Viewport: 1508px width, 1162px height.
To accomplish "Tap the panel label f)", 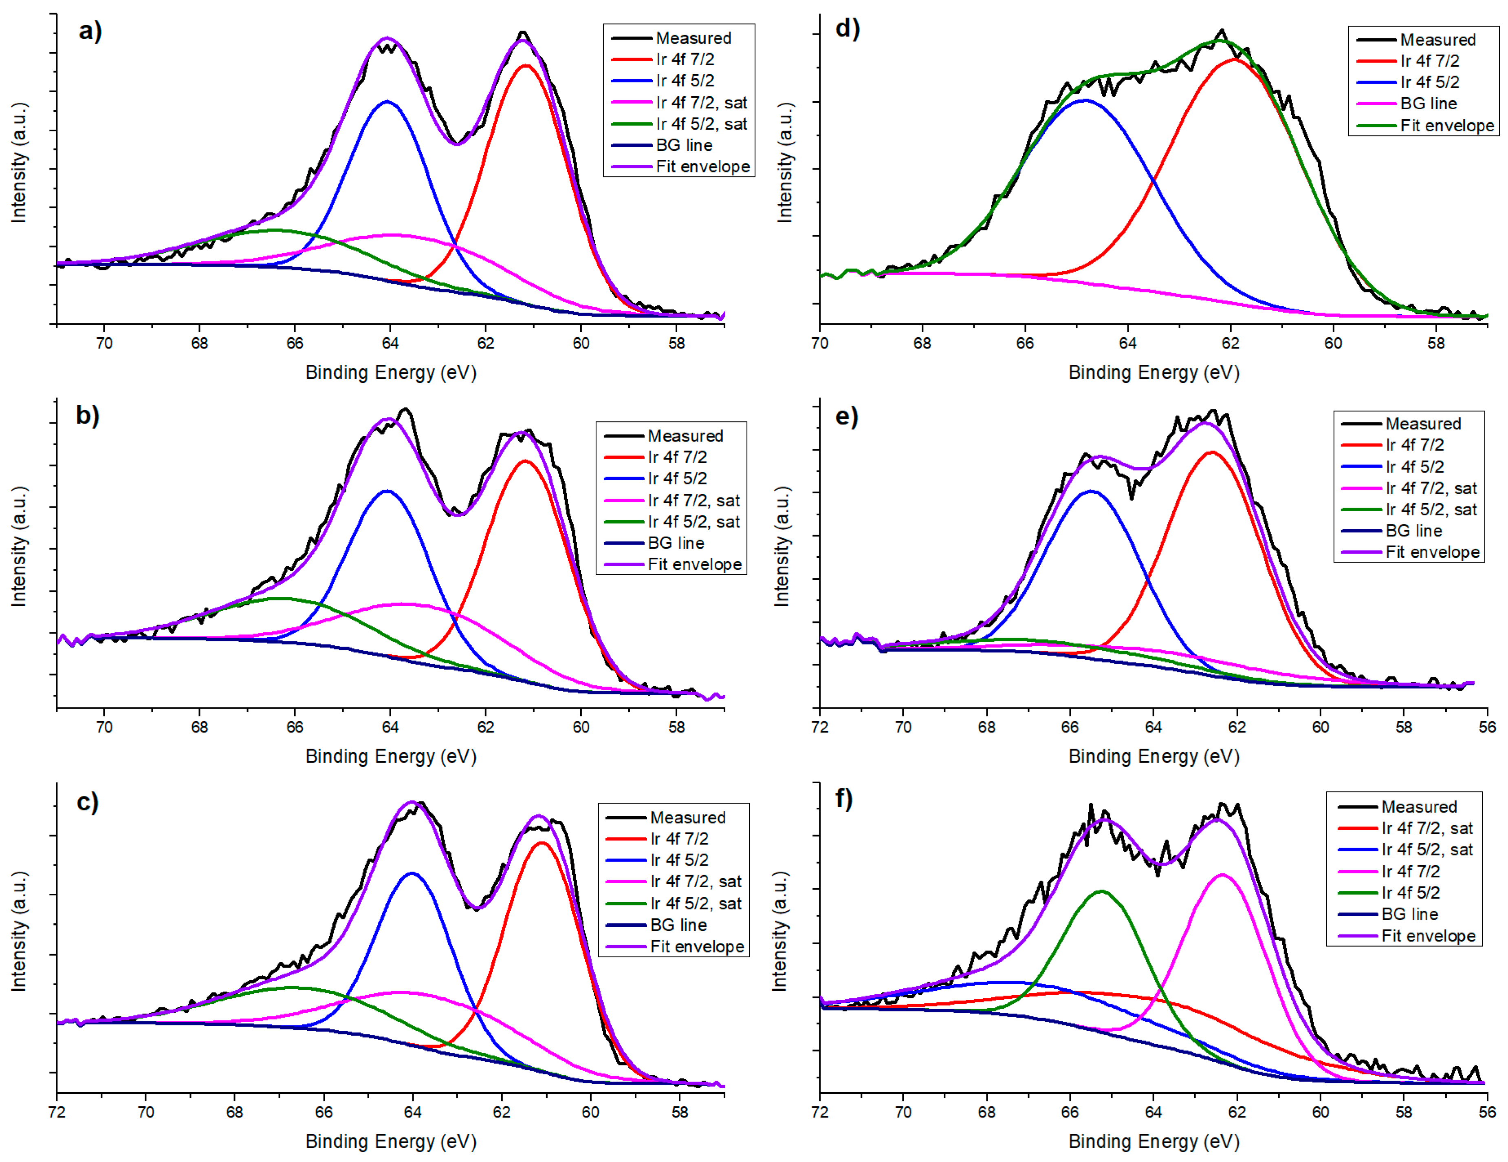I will coord(844,799).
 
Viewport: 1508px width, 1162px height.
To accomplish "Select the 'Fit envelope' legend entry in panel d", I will coord(1446,126).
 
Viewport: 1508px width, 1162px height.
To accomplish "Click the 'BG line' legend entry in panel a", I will coord(684,145).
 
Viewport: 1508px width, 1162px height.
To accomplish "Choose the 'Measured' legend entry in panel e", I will coord(1422,424).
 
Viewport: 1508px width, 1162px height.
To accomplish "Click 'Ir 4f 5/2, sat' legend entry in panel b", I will coord(693,521).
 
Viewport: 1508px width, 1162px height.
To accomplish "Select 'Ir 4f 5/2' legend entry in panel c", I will coord(679,860).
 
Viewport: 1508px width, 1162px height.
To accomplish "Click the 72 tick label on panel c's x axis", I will coord(57,1111).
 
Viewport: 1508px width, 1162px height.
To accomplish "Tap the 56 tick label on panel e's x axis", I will coord(1486,727).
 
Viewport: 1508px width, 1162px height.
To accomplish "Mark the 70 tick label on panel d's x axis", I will coord(819,343).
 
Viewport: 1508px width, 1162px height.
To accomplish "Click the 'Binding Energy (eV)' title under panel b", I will coord(391,756).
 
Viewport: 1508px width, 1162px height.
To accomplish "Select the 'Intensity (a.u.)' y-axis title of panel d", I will coord(785,162).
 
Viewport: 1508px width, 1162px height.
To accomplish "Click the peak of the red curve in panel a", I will coord(526,66).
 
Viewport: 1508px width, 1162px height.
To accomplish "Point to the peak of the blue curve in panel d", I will coord(1085,100).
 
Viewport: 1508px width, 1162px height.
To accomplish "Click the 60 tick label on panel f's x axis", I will coord(1320,1111).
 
